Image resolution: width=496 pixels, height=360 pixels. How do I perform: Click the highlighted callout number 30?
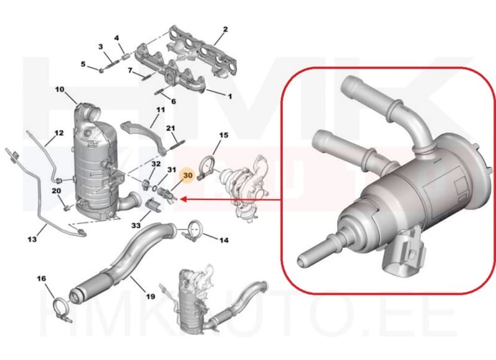click(188, 175)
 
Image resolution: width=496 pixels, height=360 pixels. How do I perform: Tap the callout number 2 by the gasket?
click(225, 29)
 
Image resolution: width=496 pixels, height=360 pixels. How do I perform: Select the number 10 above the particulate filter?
click(60, 89)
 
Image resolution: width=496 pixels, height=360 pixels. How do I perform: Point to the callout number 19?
click(151, 296)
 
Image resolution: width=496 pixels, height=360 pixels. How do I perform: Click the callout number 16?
click(42, 278)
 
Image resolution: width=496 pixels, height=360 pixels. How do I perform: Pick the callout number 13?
click(32, 239)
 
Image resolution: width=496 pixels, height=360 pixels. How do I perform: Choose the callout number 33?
click(136, 226)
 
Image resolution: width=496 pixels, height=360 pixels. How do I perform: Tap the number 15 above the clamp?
click(224, 135)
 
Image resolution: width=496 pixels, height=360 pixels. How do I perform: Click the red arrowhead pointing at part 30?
click(183, 200)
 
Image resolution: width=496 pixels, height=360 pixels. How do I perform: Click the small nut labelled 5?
click(101, 70)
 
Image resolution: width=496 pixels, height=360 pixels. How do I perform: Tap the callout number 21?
click(171, 128)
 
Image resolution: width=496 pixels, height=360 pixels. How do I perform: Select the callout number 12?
click(59, 133)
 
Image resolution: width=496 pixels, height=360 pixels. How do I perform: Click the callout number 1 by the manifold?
click(230, 96)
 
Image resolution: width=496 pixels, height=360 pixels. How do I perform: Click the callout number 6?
click(174, 102)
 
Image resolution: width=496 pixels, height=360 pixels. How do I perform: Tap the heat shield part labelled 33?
click(153, 205)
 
